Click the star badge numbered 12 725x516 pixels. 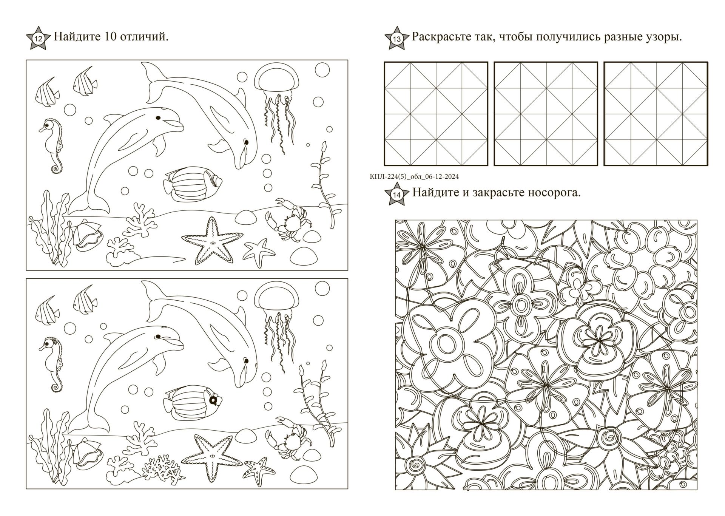point(38,38)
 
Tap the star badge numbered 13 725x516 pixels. point(396,38)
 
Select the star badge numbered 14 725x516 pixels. point(396,194)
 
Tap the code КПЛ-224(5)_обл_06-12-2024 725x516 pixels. point(415,177)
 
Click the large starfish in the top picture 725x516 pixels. point(212,241)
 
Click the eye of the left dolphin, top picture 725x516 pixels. point(158,118)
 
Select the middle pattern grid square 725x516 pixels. point(546,114)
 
